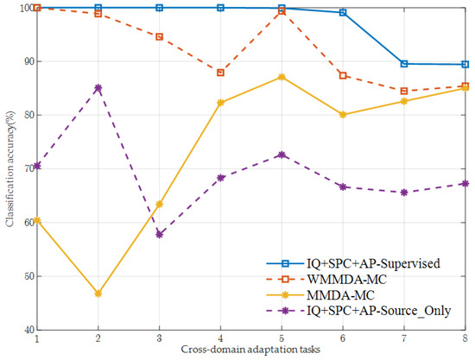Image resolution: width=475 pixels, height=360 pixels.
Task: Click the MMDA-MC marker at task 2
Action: [x=98, y=294]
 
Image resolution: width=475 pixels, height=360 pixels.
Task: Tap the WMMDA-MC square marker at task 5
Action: [x=282, y=11]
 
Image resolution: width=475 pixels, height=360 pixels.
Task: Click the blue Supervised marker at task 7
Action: [x=404, y=64]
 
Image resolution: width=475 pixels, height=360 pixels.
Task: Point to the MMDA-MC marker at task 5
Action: [x=282, y=77]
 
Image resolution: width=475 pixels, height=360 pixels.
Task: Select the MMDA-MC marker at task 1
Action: [x=37, y=220]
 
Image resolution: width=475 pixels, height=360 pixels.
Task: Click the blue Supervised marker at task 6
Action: [x=343, y=13]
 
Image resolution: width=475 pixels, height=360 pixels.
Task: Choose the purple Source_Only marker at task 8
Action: [x=465, y=184]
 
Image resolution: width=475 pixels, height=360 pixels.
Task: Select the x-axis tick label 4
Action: [x=220, y=340]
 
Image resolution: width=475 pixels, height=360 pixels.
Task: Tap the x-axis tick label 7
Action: [x=404, y=340]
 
